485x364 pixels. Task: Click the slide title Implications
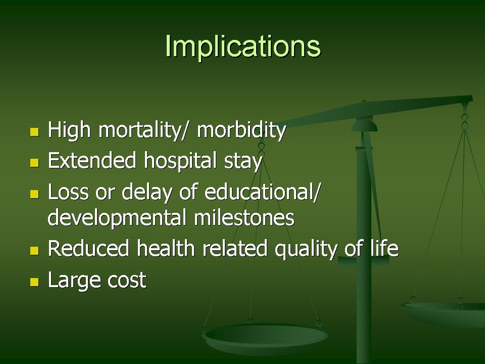coord(243,47)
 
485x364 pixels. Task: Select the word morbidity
coord(241,130)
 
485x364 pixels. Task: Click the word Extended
coord(92,160)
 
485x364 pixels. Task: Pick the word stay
coord(243,162)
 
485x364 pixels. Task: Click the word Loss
coord(68,192)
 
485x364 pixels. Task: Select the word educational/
coord(262,192)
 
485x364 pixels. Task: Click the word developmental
coord(117,218)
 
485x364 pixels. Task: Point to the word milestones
coord(244,217)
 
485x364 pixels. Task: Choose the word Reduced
coord(88,248)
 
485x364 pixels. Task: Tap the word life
coord(384,248)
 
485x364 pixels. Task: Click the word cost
coord(127,281)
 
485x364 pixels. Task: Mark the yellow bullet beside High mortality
coord(34,132)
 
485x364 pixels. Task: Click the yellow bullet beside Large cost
coord(34,282)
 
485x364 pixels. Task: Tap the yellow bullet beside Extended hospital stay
coord(34,163)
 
